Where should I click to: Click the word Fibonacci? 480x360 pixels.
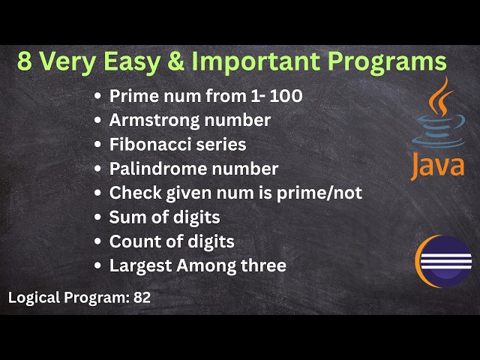pos(145,144)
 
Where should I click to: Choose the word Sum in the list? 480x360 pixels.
pos(125,217)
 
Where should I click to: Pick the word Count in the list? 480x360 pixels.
pos(132,241)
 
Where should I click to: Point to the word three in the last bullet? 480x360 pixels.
pos(263,265)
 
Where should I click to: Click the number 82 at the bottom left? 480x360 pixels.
pos(142,297)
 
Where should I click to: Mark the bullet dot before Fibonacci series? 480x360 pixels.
pos(98,145)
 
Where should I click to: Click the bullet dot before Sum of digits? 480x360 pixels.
pos(98,218)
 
